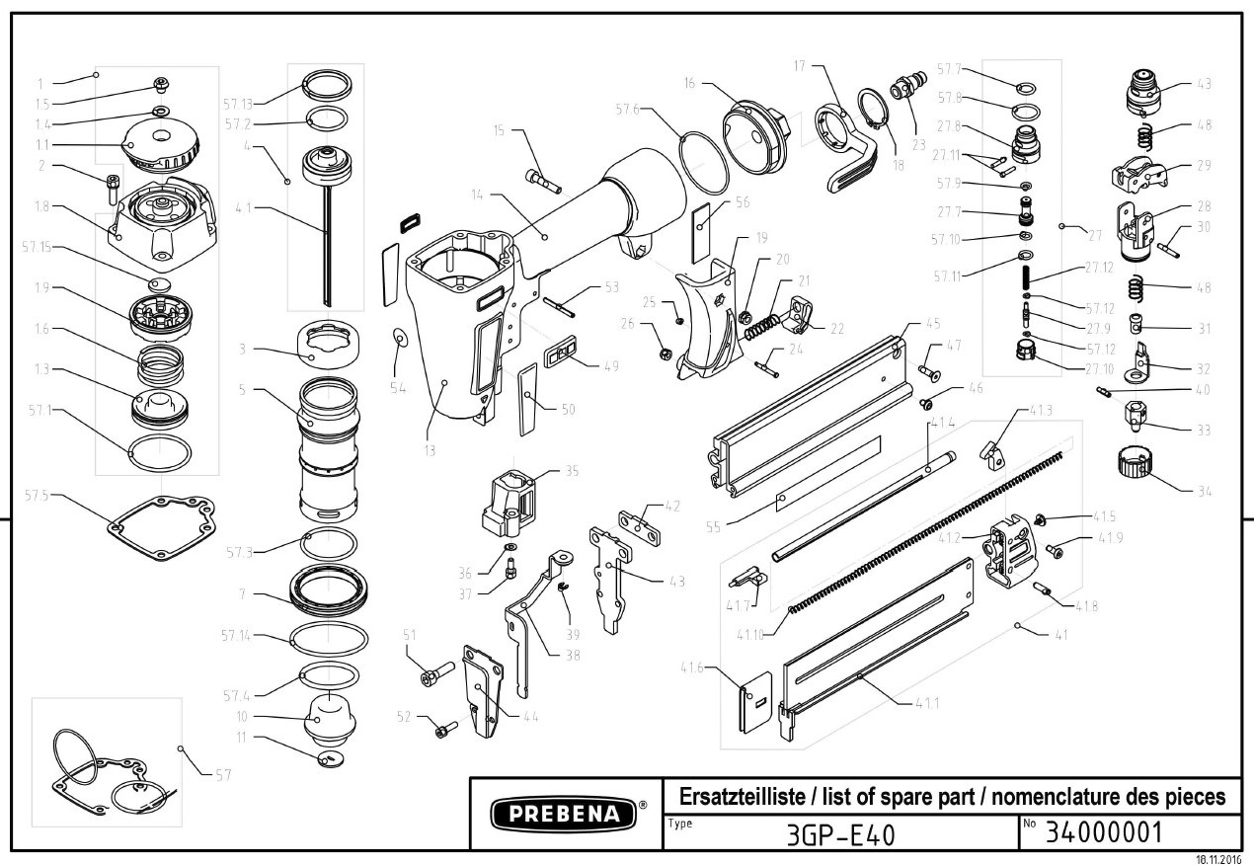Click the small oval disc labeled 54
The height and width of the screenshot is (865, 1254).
point(399,340)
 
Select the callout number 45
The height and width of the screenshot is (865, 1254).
point(932,323)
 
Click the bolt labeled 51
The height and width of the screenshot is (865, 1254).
point(433,676)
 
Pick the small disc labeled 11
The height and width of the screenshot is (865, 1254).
point(329,758)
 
